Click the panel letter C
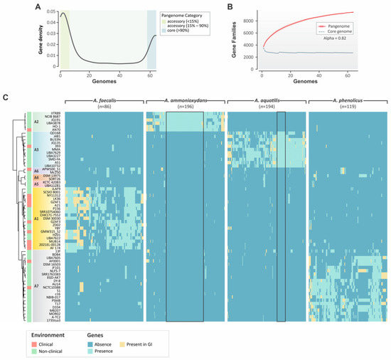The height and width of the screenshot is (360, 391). pos(6,97)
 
